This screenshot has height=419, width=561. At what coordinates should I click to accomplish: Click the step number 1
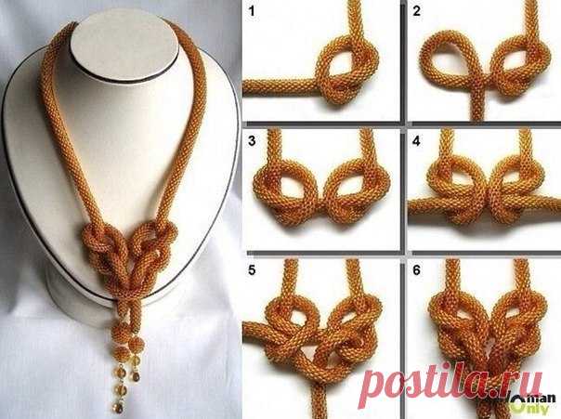252,11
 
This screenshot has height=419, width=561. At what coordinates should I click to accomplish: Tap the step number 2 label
416,11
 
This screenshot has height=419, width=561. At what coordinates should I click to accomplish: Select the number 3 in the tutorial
252,141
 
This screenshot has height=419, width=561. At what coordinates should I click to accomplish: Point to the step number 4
416,141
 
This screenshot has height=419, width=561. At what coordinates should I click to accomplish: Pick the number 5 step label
252,270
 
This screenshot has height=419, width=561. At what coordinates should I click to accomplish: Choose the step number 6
416,270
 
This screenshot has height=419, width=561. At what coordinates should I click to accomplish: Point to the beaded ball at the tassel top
121,332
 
